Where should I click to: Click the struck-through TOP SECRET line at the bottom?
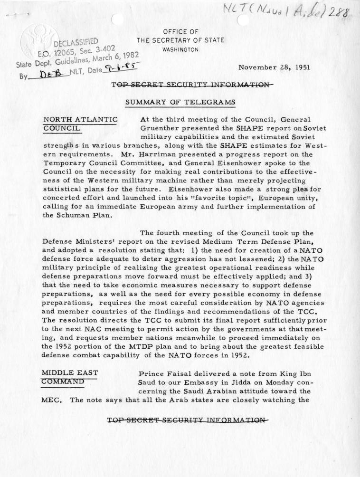pyautogui.click(x=185, y=420)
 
